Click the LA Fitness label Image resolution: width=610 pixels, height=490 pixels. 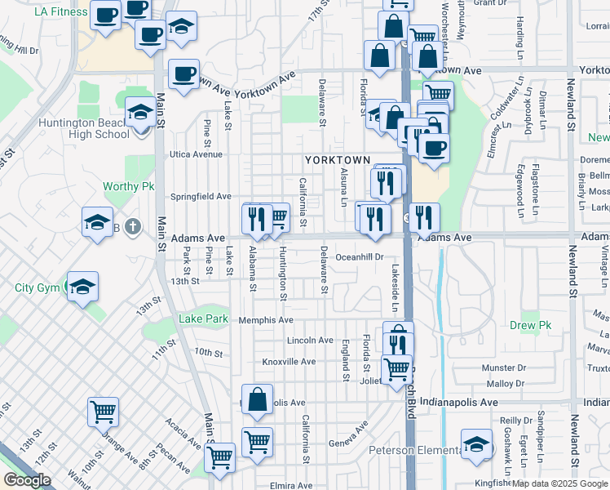(x=60, y=11)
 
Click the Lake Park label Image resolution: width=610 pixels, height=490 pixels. (x=203, y=318)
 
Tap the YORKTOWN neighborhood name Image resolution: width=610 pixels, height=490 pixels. (x=338, y=160)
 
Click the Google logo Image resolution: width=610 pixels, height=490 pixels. (x=27, y=480)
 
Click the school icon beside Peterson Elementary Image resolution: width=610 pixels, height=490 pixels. (x=476, y=444)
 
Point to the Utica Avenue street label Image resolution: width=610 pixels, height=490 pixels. (x=196, y=154)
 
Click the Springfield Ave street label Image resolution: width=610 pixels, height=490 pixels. (x=200, y=197)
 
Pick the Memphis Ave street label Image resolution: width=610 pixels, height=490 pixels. (x=266, y=320)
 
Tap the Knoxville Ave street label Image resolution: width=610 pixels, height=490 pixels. (x=289, y=362)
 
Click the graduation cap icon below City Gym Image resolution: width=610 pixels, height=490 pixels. (x=82, y=286)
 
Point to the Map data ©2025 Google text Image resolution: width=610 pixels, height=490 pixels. (x=559, y=483)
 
